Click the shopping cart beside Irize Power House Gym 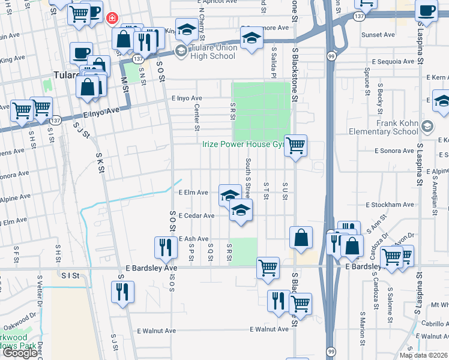(295, 146)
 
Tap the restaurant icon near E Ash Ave (165, 247)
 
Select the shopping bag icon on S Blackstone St (301, 238)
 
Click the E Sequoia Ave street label (394, 62)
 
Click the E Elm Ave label (193, 193)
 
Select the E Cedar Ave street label (196, 215)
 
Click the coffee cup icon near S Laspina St (426, 11)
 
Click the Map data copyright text (424, 355)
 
